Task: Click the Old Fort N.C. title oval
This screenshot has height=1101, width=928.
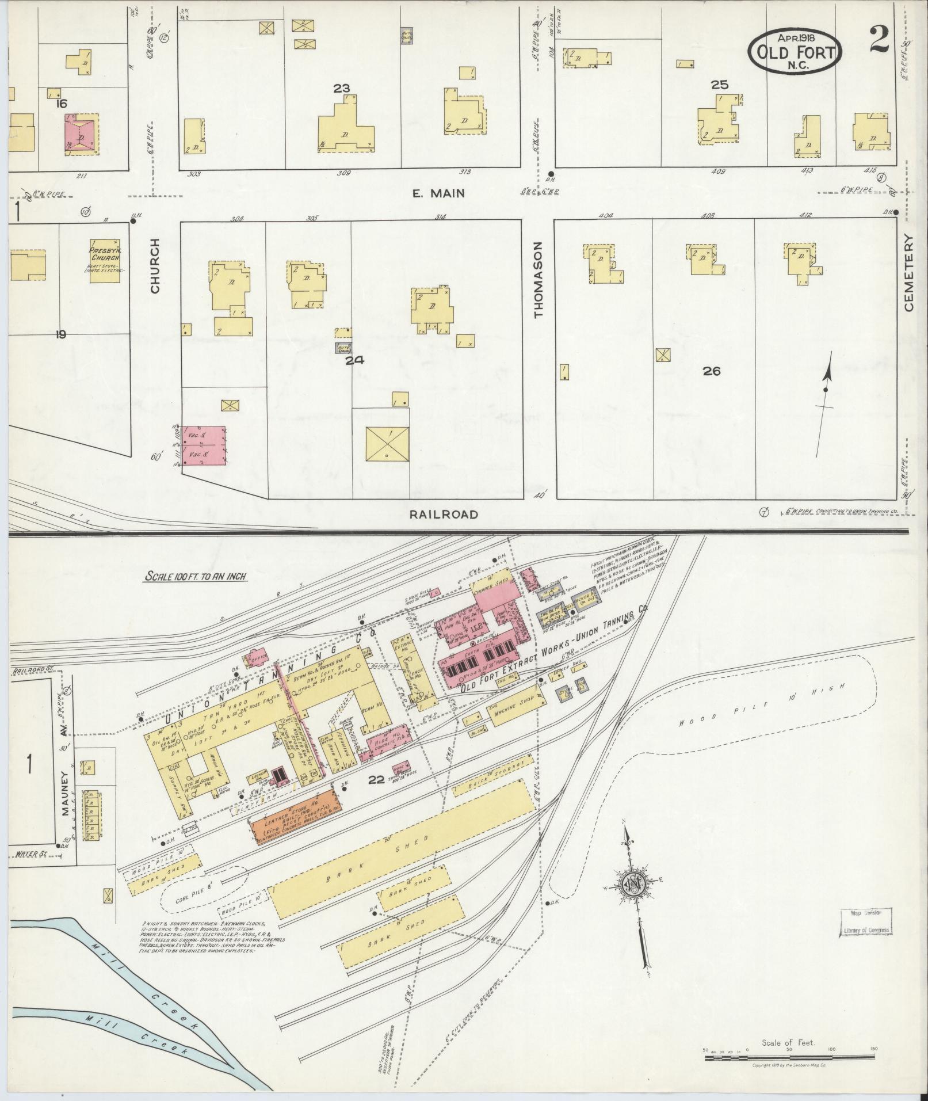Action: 796,51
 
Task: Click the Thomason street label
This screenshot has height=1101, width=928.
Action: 538,280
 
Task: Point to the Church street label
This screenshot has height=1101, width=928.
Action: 154,266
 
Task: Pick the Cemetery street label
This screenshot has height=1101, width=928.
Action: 908,273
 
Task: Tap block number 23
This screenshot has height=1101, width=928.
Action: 341,88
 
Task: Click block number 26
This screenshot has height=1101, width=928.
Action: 711,371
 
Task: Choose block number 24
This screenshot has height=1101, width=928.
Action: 355,360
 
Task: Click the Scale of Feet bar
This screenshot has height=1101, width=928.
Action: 789,1049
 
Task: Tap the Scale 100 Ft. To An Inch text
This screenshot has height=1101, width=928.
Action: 196,577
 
